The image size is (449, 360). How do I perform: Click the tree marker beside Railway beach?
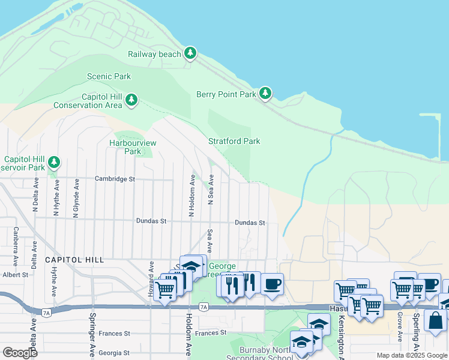190,53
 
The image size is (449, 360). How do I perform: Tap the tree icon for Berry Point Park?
265,94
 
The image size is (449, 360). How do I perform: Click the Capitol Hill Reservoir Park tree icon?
54,163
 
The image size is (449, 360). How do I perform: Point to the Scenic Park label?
109,76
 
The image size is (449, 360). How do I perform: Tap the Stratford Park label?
234,141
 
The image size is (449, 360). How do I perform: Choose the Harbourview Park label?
133,147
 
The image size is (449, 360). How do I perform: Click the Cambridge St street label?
115,179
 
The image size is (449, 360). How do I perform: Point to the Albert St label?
16,274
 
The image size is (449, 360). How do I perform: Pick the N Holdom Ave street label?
192,196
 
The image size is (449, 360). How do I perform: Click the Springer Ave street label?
92,334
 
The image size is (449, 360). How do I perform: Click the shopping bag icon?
435,320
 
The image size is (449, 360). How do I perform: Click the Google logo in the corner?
20,352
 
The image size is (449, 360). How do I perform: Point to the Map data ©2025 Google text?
412,355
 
